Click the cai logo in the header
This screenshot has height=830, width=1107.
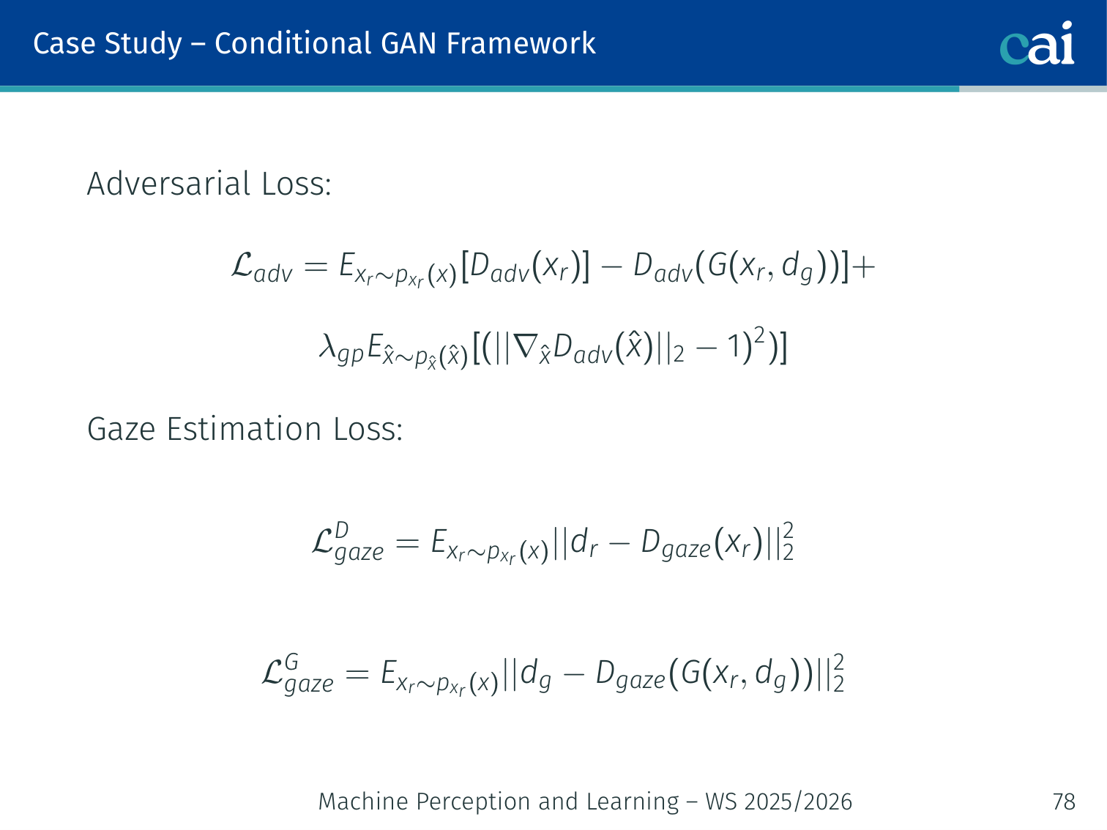[1037, 43]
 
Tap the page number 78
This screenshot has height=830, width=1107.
[1064, 801]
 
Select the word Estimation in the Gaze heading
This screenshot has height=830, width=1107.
[244, 429]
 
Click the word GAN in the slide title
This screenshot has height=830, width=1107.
[408, 43]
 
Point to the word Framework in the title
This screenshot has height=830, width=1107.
[521, 43]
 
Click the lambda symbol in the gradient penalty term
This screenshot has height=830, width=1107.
[327, 347]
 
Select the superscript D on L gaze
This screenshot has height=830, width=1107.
[342, 530]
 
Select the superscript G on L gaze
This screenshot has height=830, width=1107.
[291, 662]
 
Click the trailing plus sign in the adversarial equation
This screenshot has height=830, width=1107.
[863, 266]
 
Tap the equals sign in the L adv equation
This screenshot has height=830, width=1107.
[316, 266]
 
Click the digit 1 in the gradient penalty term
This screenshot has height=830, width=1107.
[733, 347]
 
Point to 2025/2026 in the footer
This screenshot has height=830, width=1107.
[798, 801]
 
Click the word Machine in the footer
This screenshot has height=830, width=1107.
[363, 801]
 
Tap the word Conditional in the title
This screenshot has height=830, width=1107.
[293, 43]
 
